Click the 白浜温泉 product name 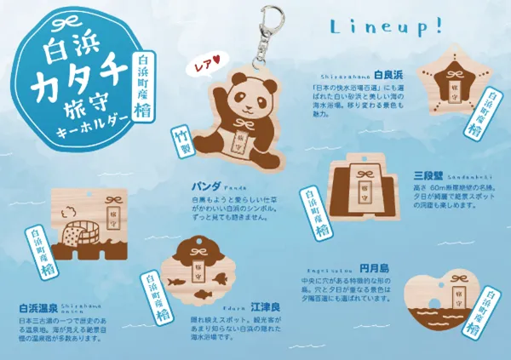37,308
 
